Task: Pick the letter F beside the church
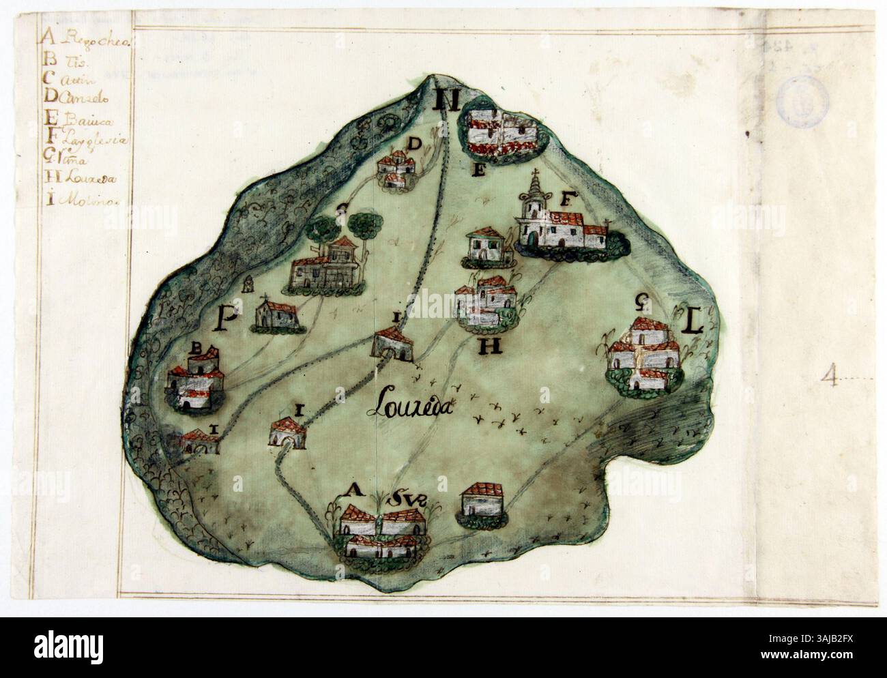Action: coord(566,200)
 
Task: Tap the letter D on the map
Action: coord(413,144)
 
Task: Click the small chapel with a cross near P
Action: coord(276,315)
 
